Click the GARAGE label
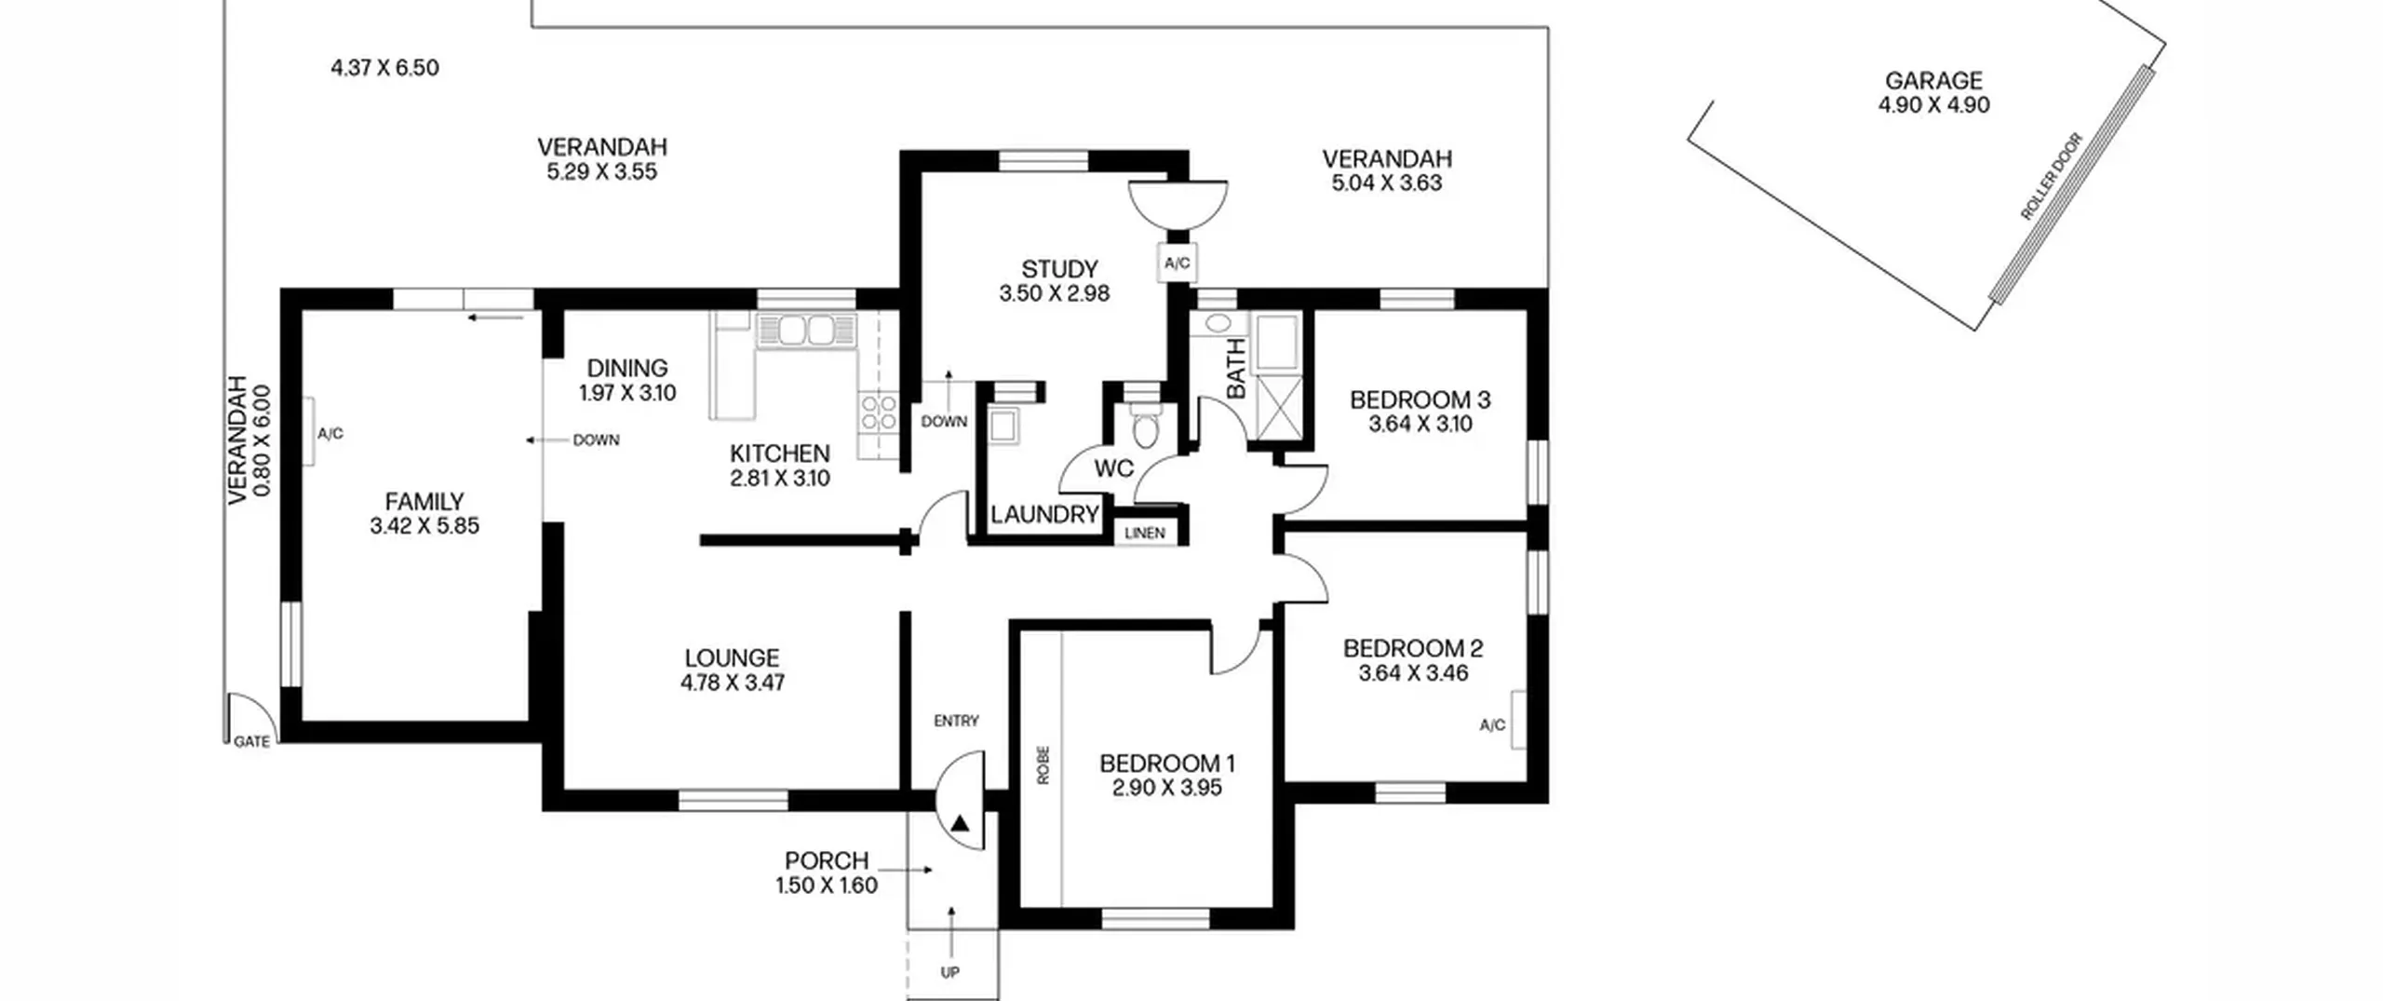click(1933, 81)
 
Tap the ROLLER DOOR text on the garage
click(2051, 177)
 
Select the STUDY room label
click(1059, 269)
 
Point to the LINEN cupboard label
click(1144, 533)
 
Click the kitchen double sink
click(806, 331)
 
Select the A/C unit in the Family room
click(307, 432)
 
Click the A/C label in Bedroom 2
click(1492, 725)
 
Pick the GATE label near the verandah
click(251, 741)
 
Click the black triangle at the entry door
click(961, 823)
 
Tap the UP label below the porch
click(949, 972)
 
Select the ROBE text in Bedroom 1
click(1043, 764)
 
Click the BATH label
click(1235, 369)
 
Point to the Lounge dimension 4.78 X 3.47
click(733, 683)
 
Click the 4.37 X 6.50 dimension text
click(384, 68)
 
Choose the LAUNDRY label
click(1044, 514)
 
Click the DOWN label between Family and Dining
click(596, 440)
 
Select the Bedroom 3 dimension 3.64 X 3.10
click(1420, 425)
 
